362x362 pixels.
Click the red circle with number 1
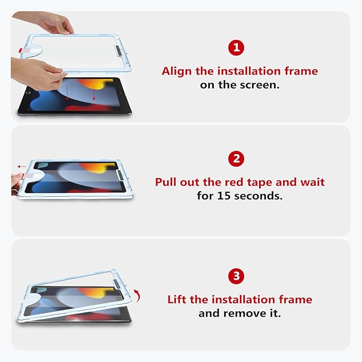tap(237, 48)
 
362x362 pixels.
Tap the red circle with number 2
tap(237, 158)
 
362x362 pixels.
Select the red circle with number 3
tap(237, 276)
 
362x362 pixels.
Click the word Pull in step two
tap(167, 182)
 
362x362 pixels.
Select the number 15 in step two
tap(223, 196)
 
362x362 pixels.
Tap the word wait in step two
tap(313, 182)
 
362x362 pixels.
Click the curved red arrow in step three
tap(136, 294)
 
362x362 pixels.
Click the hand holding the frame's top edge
tap(56, 23)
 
